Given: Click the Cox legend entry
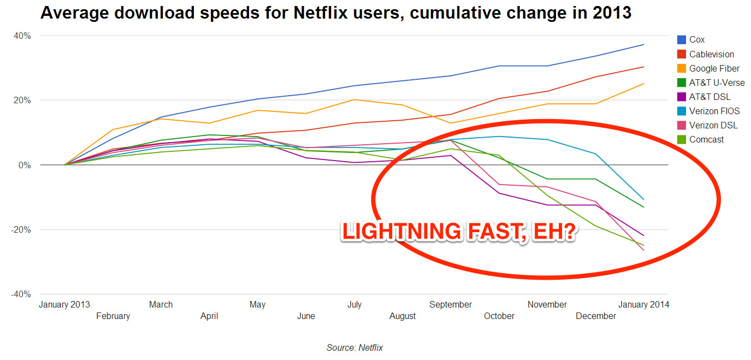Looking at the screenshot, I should pyautogui.click(x=697, y=40).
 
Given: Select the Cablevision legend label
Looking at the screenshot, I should pyautogui.click(x=712, y=54).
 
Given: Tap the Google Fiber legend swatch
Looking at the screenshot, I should pyautogui.click(x=682, y=68).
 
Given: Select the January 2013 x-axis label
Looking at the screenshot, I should pyautogui.click(x=64, y=304).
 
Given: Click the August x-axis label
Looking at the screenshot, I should pyautogui.click(x=403, y=316).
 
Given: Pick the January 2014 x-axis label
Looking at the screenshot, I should pyautogui.click(x=643, y=304).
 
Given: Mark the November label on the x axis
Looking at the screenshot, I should pyautogui.click(x=547, y=304).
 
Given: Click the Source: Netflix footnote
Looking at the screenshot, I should pyautogui.click(x=354, y=347).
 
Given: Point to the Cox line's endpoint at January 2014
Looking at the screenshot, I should pyautogui.click(x=644, y=44).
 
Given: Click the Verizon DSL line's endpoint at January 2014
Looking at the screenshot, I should pyautogui.click(x=644, y=250).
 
